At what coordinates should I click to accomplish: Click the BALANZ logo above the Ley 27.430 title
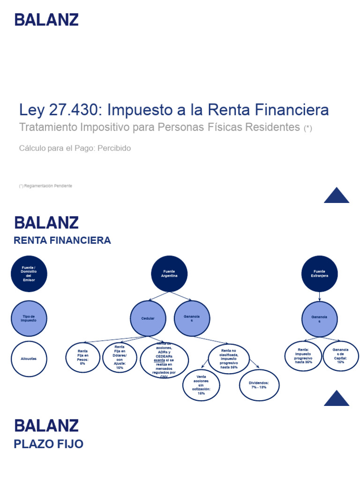(x=46, y=20)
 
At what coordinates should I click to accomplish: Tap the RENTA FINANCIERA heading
(x=62, y=240)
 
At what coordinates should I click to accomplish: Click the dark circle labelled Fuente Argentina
(x=169, y=274)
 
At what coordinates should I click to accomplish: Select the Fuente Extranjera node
(x=320, y=274)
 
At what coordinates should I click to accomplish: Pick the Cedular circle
(x=148, y=318)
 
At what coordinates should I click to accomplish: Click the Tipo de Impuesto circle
(x=29, y=318)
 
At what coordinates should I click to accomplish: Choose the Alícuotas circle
(x=29, y=359)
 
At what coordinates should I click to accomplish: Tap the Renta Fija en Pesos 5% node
(x=83, y=358)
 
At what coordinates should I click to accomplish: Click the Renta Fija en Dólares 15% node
(x=120, y=358)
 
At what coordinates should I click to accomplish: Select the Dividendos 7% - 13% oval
(x=259, y=385)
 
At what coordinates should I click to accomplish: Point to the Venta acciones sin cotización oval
(x=201, y=385)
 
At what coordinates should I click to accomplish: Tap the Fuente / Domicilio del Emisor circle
(x=29, y=274)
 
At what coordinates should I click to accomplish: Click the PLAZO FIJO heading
(x=49, y=444)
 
